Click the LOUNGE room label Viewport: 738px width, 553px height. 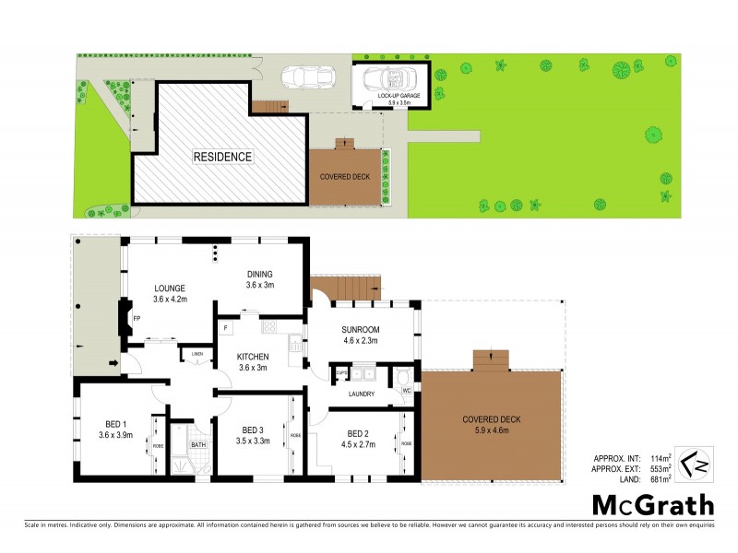(x=170, y=287)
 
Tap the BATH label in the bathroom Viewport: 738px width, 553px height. (x=198, y=445)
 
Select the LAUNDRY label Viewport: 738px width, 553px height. (x=360, y=395)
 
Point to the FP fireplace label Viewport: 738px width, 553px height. (x=136, y=320)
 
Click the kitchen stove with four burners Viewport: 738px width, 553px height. (x=270, y=326)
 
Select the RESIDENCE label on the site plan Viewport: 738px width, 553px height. (x=221, y=157)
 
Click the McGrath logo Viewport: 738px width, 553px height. (x=652, y=504)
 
